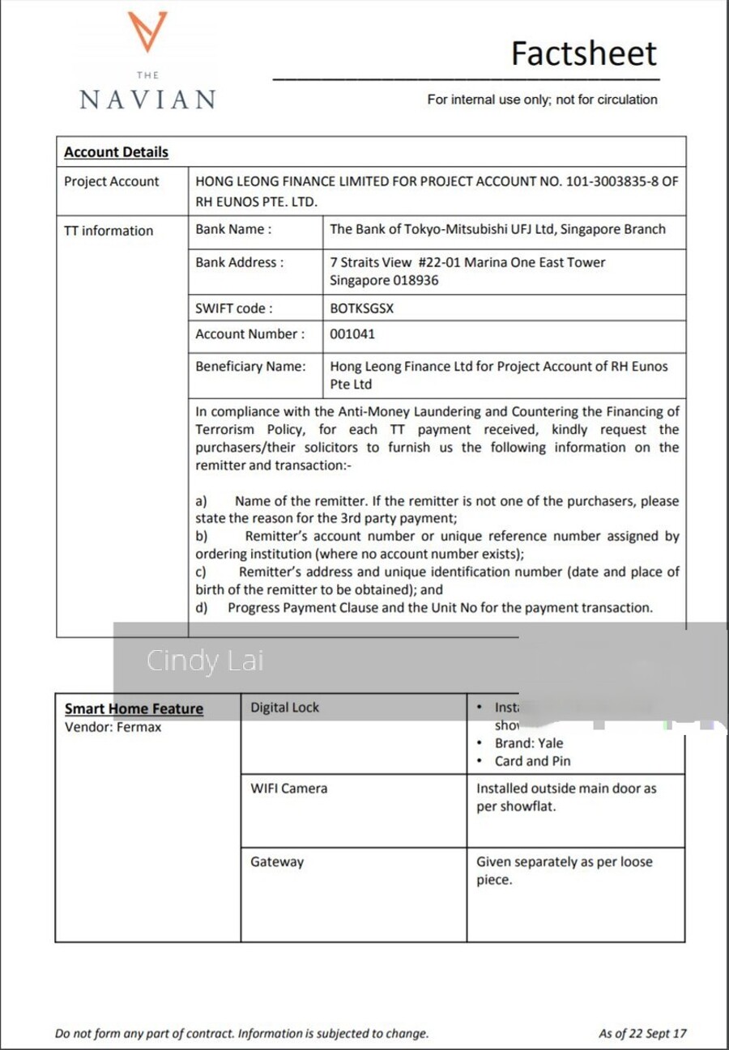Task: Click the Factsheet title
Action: pyautogui.click(x=583, y=53)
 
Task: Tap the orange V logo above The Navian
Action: pyautogui.click(x=147, y=32)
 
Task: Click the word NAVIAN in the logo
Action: pyautogui.click(x=147, y=100)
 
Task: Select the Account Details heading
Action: pyautogui.click(x=116, y=152)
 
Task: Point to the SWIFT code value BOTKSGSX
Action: pyautogui.click(x=362, y=308)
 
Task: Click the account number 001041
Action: pyautogui.click(x=352, y=334)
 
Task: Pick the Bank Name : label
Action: pyautogui.click(x=233, y=229)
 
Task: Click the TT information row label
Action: pyautogui.click(x=108, y=231)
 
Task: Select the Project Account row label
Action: pyautogui.click(x=111, y=181)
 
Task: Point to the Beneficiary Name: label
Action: pyautogui.click(x=250, y=366)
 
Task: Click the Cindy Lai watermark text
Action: pyautogui.click(x=205, y=661)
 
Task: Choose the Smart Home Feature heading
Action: pyautogui.click(x=134, y=708)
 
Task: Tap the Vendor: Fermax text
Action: pyautogui.click(x=113, y=727)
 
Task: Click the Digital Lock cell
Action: pyautogui.click(x=284, y=708)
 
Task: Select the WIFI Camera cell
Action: pyautogui.click(x=288, y=788)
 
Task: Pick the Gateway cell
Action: pyautogui.click(x=277, y=861)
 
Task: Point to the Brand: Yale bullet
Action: pyautogui.click(x=528, y=743)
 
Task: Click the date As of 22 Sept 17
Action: pyautogui.click(x=642, y=1033)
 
